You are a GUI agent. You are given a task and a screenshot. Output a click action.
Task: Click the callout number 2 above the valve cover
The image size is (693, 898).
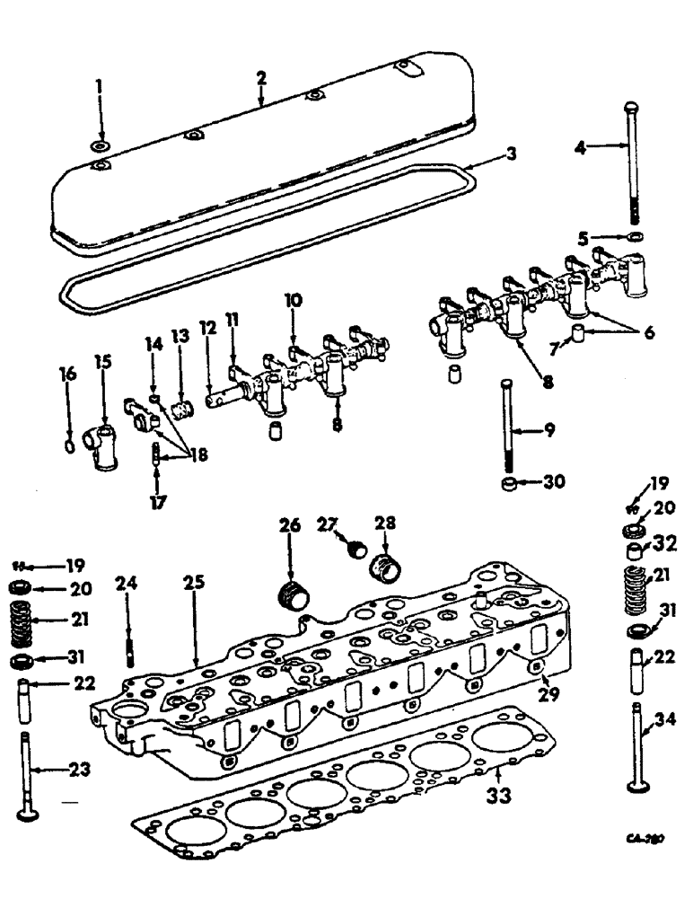(260, 79)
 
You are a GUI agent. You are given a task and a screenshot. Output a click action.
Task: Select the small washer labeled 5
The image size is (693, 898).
(635, 237)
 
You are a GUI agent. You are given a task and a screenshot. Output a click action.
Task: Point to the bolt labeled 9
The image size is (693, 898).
(510, 427)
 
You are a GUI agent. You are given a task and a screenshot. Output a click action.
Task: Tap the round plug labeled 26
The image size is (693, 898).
(292, 594)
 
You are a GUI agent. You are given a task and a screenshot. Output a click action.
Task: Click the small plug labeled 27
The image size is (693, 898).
(356, 547)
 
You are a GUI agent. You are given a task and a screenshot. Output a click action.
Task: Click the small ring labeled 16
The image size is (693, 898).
(70, 445)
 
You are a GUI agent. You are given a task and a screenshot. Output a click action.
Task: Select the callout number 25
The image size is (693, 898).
(194, 583)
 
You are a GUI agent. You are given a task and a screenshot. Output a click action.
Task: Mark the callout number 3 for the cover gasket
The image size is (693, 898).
(511, 154)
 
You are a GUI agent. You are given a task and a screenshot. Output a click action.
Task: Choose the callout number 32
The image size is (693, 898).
(668, 542)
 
